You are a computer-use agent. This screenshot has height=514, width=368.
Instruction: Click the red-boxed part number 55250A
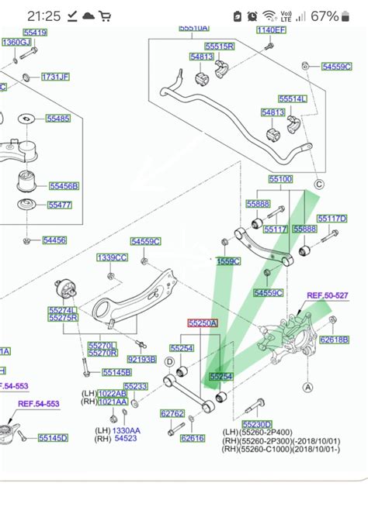(203, 322)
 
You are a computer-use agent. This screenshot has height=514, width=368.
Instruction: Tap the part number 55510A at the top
(193, 28)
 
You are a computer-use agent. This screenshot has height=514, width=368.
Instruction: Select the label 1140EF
(272, 30)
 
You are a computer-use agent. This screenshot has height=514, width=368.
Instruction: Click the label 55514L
(292, 99)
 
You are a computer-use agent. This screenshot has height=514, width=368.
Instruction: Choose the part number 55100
(280, 179)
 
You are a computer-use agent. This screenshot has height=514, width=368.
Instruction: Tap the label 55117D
(332, 219)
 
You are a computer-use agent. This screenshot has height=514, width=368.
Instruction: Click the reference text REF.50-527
(328, 295)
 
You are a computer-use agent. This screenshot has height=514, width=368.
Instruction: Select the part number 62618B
(335, 340)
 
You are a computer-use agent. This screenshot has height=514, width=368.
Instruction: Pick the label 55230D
(256, 424)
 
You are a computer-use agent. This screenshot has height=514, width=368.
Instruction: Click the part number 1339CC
(112, 257)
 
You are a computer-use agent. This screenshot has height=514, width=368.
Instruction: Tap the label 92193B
(141, 360)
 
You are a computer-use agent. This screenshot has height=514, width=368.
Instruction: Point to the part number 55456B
(64, 186)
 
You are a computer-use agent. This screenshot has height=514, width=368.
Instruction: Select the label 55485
(57, 119)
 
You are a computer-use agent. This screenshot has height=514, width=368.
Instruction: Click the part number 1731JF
(55, 77)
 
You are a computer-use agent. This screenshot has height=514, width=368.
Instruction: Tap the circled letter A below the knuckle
(307, 387)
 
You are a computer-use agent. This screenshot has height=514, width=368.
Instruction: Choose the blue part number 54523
(126, 439)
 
